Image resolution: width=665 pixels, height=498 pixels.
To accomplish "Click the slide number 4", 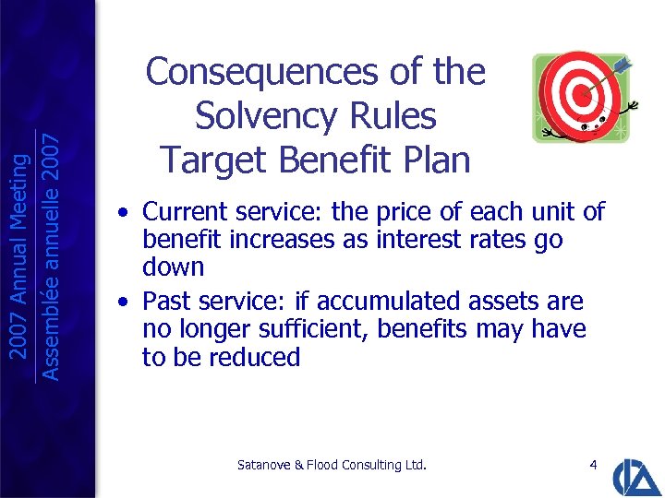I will [592, 465].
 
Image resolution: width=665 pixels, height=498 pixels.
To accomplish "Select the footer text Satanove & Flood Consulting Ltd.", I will [332, 465].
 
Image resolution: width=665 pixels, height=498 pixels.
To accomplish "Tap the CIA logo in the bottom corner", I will [637, 474].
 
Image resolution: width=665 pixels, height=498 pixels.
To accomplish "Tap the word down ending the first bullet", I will [173, 267].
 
